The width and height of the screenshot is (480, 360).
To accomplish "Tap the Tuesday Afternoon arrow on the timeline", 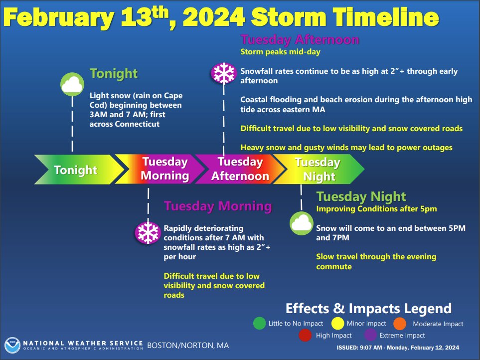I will coord(239,170).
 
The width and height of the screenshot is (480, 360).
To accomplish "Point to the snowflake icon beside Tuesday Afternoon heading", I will coord(223,74).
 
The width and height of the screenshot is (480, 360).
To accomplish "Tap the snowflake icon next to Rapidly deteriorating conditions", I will coord(148,233).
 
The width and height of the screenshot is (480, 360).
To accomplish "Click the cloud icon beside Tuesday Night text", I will coord(302,223).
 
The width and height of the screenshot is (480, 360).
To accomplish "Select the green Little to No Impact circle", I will coord(259,324).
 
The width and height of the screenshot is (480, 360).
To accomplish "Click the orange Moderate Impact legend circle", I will coord(400,324).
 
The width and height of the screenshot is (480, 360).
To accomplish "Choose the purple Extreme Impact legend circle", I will coord(369,335).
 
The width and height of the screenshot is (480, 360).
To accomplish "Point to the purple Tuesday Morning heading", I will coord(218,206).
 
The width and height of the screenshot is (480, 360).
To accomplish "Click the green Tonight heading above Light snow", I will coord(113,74).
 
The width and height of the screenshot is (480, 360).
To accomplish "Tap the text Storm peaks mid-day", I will coord(280,51).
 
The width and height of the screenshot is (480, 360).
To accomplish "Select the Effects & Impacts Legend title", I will coord(368,308).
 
